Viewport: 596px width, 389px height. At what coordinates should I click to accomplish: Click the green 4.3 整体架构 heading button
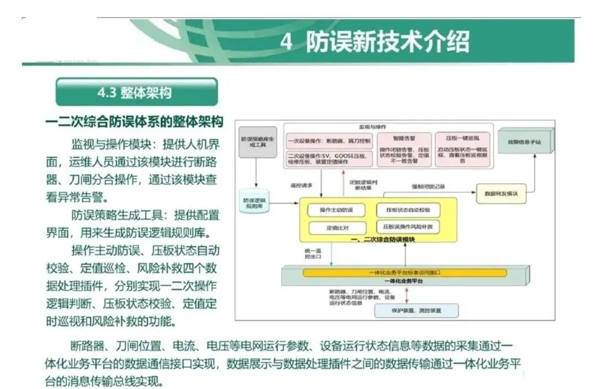click(136, 92)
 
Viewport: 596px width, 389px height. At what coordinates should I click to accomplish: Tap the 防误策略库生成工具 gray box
click(256, 142)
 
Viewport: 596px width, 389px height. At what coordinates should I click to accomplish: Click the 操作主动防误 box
click(336, 210)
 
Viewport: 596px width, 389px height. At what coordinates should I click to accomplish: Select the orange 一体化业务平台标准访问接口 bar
click(405, 273)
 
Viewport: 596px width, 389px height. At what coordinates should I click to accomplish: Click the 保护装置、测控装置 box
click(416, 311)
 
